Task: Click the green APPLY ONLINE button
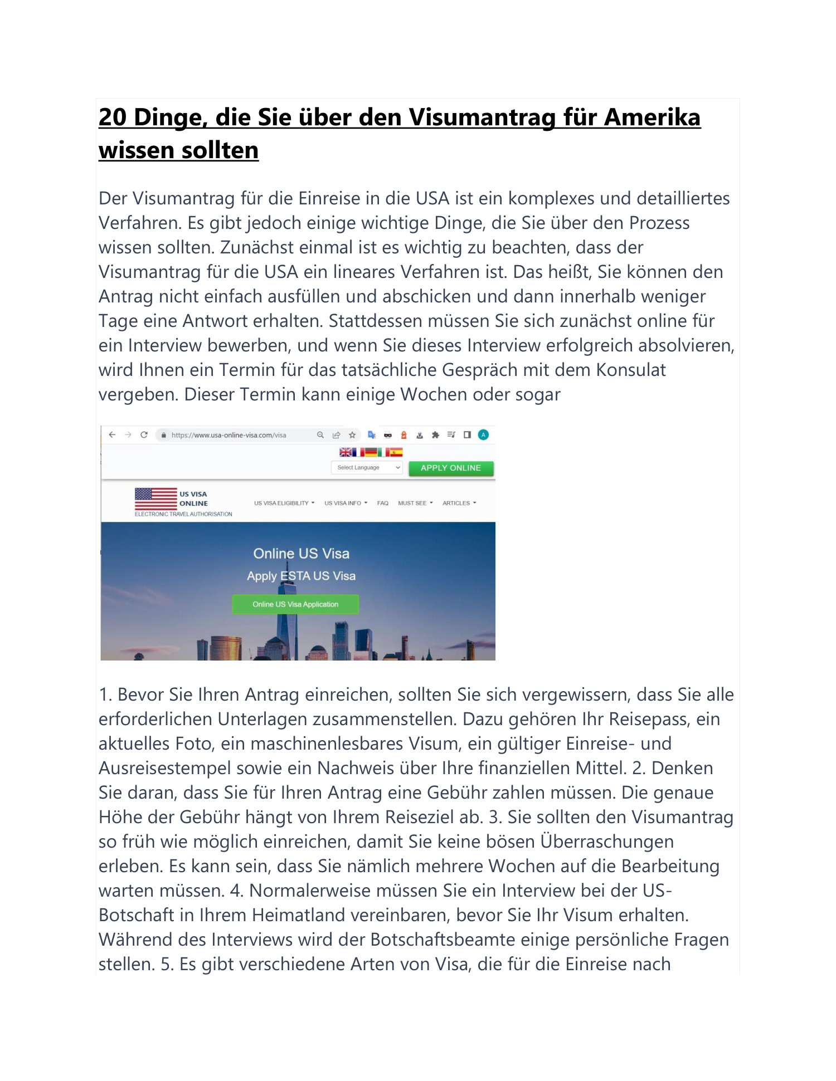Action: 451,468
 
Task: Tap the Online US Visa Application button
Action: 295,604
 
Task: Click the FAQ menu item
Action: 382,503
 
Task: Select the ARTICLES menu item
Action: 459,503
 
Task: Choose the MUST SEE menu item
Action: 415,503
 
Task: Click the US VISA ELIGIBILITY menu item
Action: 284,503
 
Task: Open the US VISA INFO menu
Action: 346,503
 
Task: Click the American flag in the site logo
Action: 155,498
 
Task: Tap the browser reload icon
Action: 144,435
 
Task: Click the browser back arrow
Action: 112,435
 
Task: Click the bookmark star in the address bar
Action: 352,435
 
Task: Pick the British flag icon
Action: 346,452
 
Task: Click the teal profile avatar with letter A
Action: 483,435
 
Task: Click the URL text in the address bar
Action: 229,436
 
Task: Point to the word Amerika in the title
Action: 652,118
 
